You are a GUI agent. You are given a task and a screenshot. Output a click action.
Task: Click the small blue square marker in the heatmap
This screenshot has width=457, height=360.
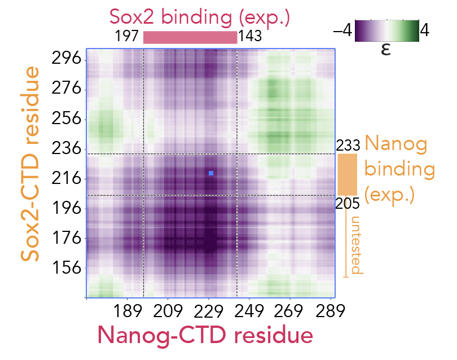[x=210, y=173]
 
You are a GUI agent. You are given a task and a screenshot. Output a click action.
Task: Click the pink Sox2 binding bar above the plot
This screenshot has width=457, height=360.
[x=190, y=37]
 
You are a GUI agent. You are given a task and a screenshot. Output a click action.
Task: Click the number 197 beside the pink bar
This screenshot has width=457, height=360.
[x=127, y=37]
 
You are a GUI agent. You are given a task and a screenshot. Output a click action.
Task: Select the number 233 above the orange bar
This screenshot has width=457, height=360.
[x=348, y=146]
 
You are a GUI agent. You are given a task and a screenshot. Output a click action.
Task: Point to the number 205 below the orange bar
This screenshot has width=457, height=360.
[x=348, y=204]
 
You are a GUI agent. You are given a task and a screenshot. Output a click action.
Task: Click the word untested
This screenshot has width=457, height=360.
[x=355, y=245]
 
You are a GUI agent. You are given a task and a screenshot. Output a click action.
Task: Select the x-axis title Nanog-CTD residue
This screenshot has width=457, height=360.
[x=205, y=335]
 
